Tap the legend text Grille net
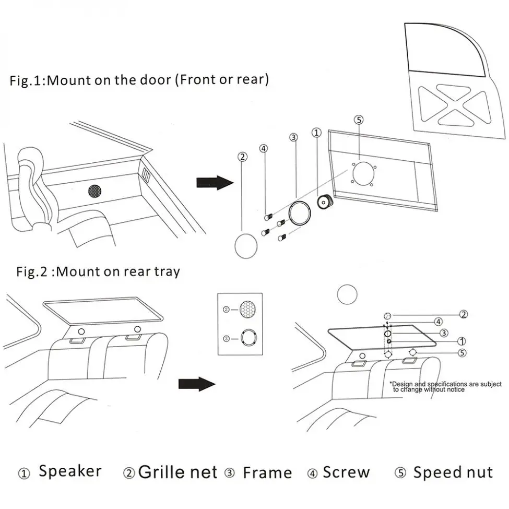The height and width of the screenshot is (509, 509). (x=177, y=472)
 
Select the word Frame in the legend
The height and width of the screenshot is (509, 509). (x=267, y=472)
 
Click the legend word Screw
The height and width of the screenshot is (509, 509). (x=346, y=472)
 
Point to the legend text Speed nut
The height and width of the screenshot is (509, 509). (x=453, y=472)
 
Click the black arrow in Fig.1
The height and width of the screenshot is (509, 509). (x=214, y=182)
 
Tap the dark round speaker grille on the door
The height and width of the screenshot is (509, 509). (x=94, y=191)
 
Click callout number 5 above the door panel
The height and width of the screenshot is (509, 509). (x=358, y=120)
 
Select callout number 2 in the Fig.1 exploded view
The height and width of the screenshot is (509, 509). (x=242, y=156)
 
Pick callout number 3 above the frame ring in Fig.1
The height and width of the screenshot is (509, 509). (x=293, y=137)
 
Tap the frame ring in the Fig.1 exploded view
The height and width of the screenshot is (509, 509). (x=301, y=212)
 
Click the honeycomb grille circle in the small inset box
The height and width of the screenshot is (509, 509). (x=247, y=309)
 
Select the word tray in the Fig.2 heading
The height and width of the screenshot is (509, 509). (x=167, y=271)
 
